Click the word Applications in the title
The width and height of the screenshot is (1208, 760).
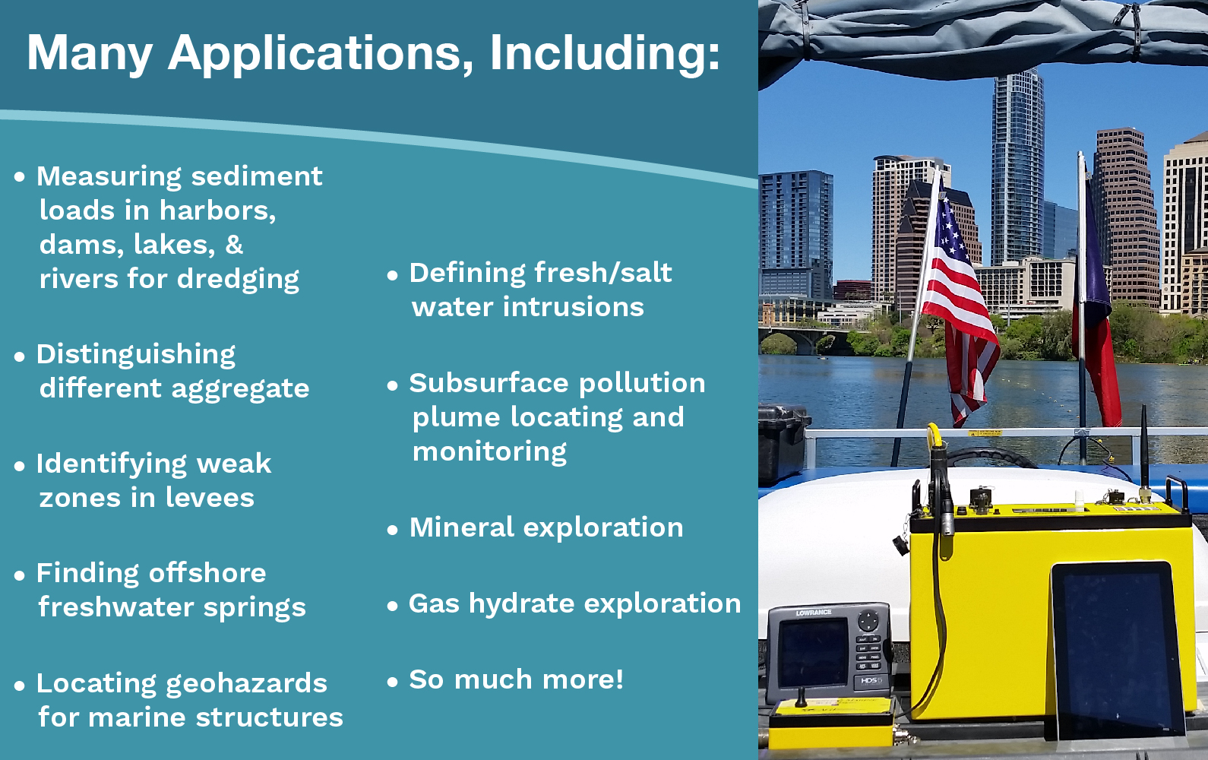point(321,54)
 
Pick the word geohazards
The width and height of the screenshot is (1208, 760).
point(246,684)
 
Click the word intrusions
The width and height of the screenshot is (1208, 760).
point(574,307)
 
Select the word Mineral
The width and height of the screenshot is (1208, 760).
point(462,527)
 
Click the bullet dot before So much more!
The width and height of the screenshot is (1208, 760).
point(393,682)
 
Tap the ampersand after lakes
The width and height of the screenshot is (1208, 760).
point(234,245)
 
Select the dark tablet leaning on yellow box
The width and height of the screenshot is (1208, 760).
point(1116,650)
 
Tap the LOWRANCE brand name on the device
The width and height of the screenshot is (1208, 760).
point(814,613)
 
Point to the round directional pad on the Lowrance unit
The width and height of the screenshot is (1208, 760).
point(868,621)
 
